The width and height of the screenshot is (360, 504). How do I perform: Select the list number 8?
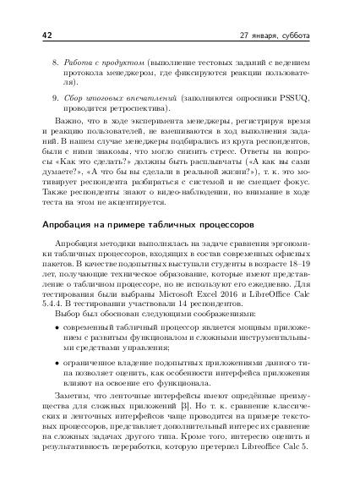[56, 63]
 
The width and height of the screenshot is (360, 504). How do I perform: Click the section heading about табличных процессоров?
[143, 226]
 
